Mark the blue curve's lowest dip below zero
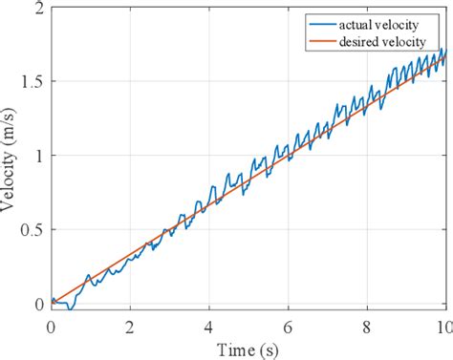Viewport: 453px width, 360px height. click(x=70, y=309)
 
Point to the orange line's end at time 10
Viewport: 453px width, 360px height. click(x=445, y=59)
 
